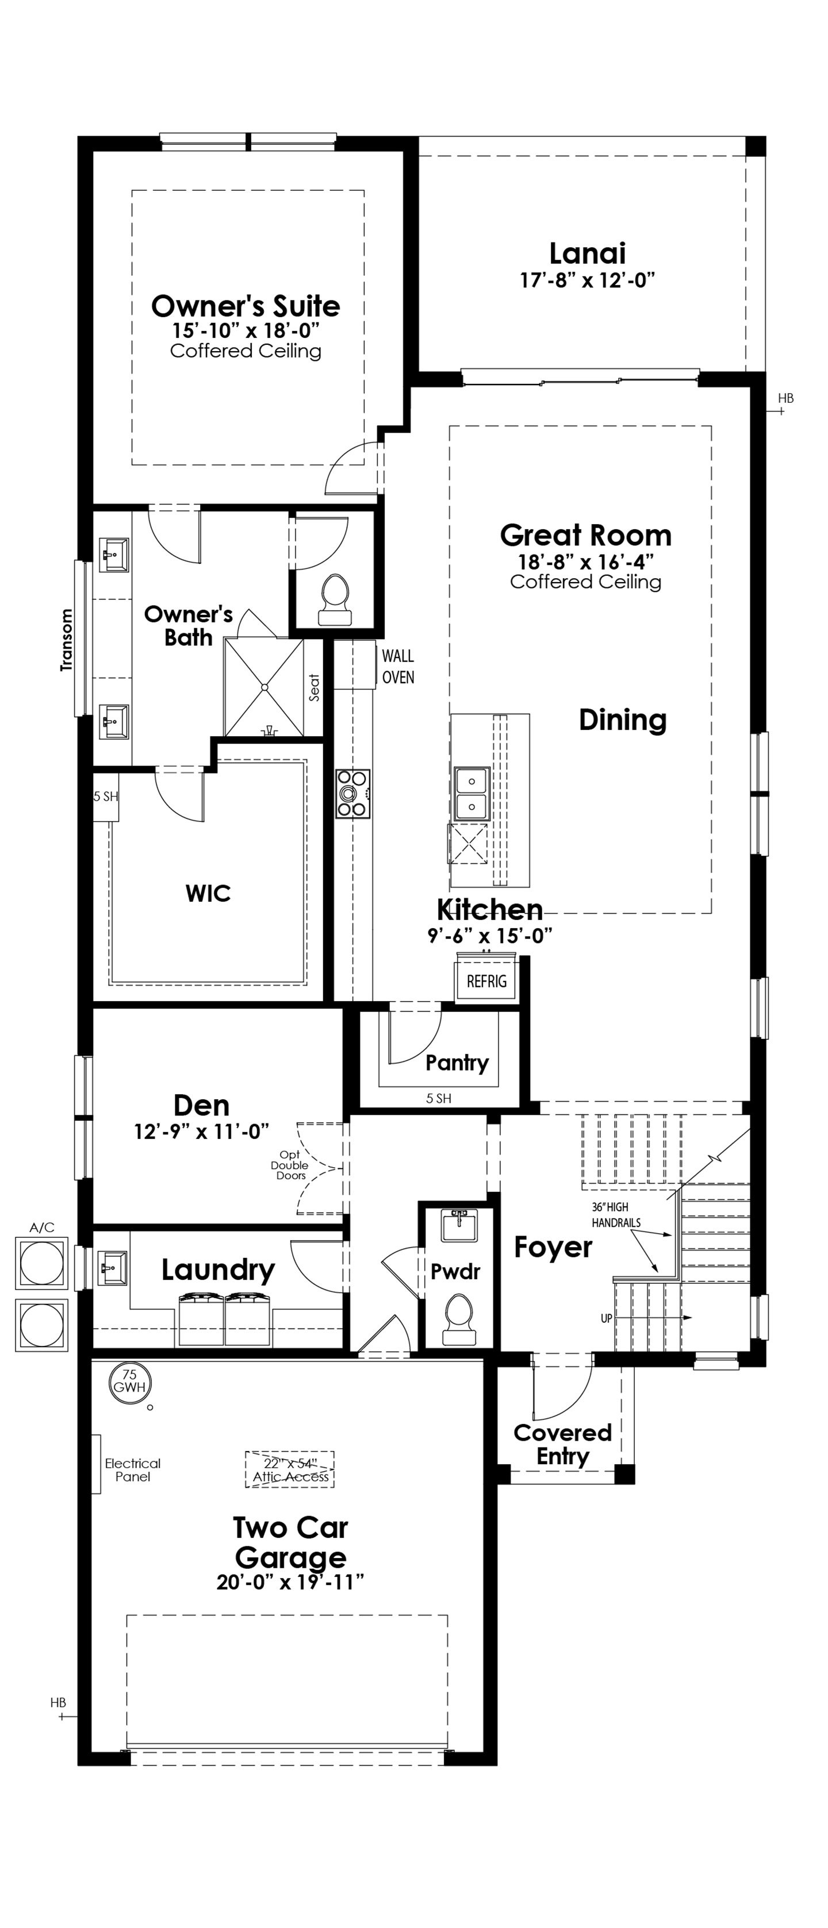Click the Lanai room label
point(587,253)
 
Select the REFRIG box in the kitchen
point(486,980)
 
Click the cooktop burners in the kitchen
point(352,794)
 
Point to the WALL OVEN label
point(397,666)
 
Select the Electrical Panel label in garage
point(132,1469)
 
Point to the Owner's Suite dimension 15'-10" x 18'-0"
point(246,330)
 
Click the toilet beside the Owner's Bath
point(335,601)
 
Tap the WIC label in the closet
point(208,893)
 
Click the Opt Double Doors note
point(290,1165)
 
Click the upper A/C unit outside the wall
point(42,1263)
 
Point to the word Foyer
point(553,1247)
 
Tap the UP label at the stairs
point(607,1318)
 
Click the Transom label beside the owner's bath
point(67,640)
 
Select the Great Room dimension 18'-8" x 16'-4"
point(586,561)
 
